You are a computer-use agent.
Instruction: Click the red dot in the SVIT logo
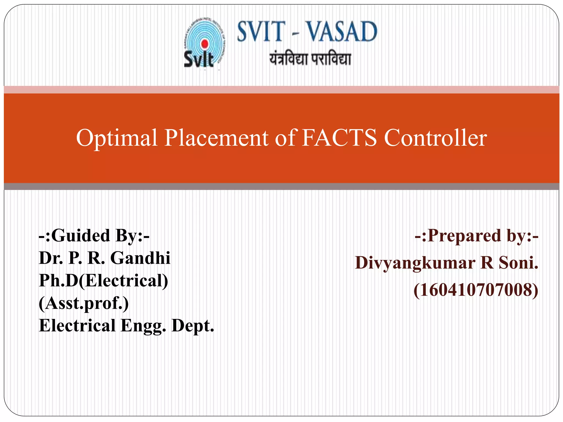click(x=205, y=44)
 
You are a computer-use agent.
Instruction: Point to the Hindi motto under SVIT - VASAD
click(x=310, y=59)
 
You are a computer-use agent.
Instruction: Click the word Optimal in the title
click(x=117, y=138)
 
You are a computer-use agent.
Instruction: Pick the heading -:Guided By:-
click(x=94, y=236)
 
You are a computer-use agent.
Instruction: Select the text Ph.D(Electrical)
click(x=103, y=281)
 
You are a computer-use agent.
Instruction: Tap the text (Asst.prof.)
click(x=84, y=303)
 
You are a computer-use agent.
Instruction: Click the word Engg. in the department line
click(x=143, y=326)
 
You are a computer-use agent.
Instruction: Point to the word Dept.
click(x=193, y=326)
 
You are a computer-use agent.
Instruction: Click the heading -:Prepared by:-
click(x=476, y=236)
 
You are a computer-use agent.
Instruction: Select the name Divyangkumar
click(x=415, y=263)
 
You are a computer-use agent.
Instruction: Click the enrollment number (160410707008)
click(x=476, y=290)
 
